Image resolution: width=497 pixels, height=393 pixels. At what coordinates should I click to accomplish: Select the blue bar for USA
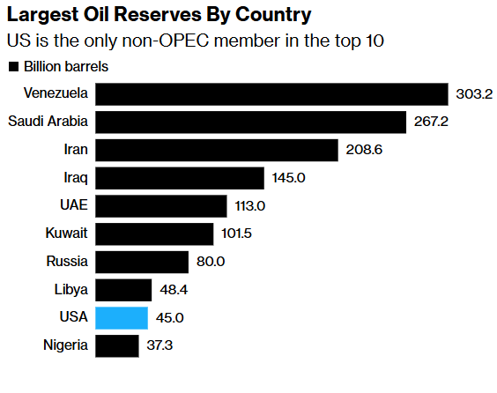(x=122, y=318)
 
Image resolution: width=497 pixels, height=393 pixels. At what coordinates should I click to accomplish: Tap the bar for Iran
(x=216, y=150)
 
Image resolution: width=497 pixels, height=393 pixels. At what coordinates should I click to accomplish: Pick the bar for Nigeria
(x=116, y=346)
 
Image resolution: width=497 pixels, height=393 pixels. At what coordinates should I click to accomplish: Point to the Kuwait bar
(x=154, y=234)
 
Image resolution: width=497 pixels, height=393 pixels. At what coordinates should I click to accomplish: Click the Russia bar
(x=141, y=262)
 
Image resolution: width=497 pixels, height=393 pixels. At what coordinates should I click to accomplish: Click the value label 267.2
(x=431, y=122)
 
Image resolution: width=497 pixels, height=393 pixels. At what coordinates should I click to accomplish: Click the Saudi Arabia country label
(x=48, y=122)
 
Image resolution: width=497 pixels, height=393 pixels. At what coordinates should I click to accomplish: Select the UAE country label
(x=72, y=206)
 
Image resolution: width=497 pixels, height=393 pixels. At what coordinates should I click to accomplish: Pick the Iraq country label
(x=76, y=178)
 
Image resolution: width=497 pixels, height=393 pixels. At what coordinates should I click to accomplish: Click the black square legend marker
(x=13, y=67)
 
